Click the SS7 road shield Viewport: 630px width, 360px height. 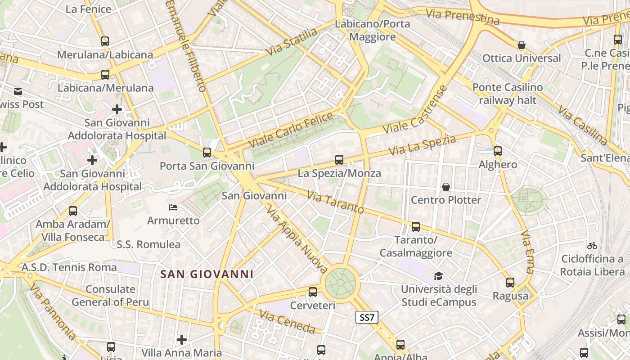(367, 317)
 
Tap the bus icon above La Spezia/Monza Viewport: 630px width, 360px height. (339, 160)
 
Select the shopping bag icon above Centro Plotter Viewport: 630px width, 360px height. (446, 186)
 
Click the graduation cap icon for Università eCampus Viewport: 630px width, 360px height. (438, 276)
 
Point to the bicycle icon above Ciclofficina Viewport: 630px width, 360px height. (592, 246)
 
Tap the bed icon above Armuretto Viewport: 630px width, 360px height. (173, 207)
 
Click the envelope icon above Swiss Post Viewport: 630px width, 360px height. (18, 91)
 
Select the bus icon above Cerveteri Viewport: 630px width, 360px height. (313, 292)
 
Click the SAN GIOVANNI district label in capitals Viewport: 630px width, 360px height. (207, 274)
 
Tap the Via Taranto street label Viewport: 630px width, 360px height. (335, 202)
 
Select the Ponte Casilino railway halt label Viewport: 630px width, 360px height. (507, 93)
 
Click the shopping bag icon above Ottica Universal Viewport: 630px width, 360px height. (522, 45)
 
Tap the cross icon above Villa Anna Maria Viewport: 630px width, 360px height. (182, 339)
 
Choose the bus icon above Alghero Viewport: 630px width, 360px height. (498, 151)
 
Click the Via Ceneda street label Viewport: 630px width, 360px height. (288, 322)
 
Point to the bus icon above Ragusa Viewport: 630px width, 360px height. (510, 283)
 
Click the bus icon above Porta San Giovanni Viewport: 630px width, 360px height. (207, 153)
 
